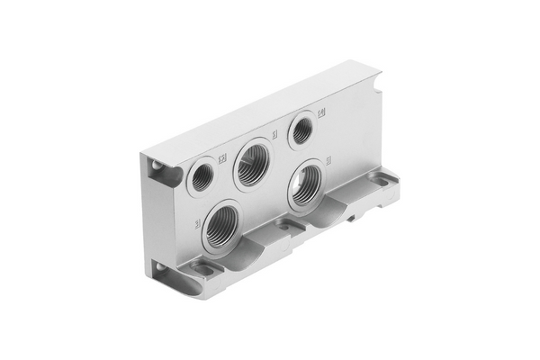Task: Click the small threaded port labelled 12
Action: point(202,176)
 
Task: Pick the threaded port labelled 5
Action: point(308,183)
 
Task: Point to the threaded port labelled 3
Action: point(221,228)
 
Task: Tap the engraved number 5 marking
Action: point(328,160)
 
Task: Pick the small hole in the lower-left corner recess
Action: point(158,267)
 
